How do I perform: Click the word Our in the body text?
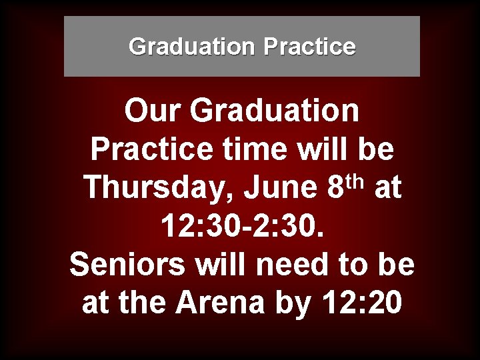pyautogui.click(x=153, y=111)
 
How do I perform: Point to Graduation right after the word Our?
pyautogui.click(x=275, y=111)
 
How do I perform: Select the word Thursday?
pyautogui.click(x=158, y=188)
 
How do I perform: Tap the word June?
pyautogui.click(x=280, y=188)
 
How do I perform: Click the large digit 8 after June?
pyautogui.click(x=336, y=188)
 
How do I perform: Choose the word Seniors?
pyautogui.click(x=126, y=265)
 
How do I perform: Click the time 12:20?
pyautogui.click(x=362, y=303)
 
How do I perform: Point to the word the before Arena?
pyautogui.click(x=146, y=303)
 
